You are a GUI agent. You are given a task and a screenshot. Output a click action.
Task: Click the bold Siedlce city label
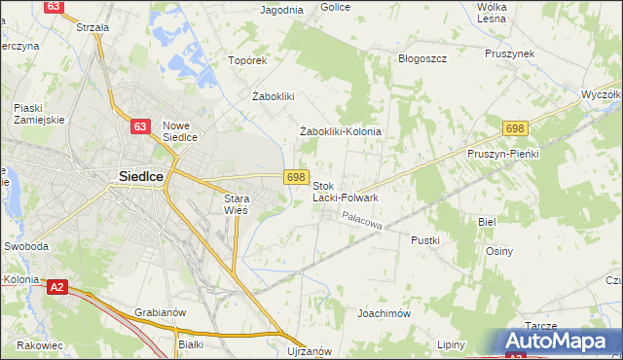tap(132, 176)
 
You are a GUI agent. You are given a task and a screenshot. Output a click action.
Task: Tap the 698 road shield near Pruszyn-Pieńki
tap(516, 128)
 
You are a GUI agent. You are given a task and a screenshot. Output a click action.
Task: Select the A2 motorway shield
tap(57, 286)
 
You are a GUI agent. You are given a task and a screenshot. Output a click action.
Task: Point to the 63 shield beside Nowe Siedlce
tap(141, 126)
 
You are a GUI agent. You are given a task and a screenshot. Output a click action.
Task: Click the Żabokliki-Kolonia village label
tap(340, 131)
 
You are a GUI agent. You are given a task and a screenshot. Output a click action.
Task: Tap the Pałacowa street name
tap(363, 223)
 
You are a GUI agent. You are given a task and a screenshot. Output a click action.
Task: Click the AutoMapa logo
tap(562, 342)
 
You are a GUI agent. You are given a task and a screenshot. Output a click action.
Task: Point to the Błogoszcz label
tap(422, 58)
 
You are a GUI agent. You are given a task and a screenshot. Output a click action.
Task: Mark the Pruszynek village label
tap(513, 54)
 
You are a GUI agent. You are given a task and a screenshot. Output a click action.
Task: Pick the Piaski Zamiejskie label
tap(39, 113)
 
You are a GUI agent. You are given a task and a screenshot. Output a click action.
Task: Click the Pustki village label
tap(425, 239)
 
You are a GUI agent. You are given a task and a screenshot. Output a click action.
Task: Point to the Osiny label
tap(499, 250)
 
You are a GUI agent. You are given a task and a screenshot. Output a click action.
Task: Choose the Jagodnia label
tap(282, 10)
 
